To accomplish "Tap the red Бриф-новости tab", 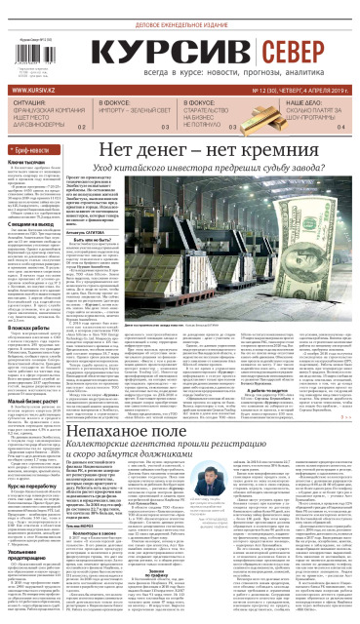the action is tap(34, 149).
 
